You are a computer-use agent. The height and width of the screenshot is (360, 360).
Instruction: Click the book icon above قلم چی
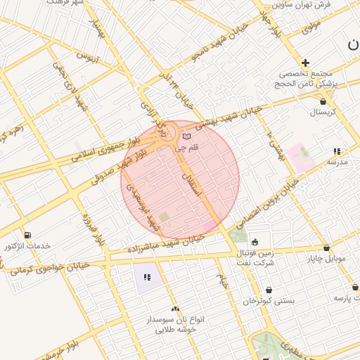pos(186,136)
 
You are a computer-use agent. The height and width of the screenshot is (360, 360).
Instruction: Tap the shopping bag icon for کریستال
pos(322,101)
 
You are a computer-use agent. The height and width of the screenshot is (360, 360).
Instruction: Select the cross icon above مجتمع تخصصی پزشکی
pos(305,63)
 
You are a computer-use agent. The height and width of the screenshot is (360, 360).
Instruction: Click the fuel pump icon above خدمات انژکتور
pos(27,235)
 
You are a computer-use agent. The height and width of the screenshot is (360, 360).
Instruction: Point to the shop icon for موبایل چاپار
pos(327,247)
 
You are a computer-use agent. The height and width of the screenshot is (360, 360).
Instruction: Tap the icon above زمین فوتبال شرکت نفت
pos(255,242)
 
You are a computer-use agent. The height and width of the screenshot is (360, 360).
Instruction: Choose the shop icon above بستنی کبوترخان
pos(269,289)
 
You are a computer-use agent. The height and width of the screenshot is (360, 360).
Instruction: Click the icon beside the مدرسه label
pos(337,151)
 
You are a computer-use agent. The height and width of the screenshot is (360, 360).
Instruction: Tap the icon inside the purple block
pos(147,278)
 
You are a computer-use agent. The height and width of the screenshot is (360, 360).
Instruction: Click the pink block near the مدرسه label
pos(300,156)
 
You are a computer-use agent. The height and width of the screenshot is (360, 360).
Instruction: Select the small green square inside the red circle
pos(164,218)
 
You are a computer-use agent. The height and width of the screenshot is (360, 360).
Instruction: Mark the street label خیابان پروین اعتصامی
pos(267,202)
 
